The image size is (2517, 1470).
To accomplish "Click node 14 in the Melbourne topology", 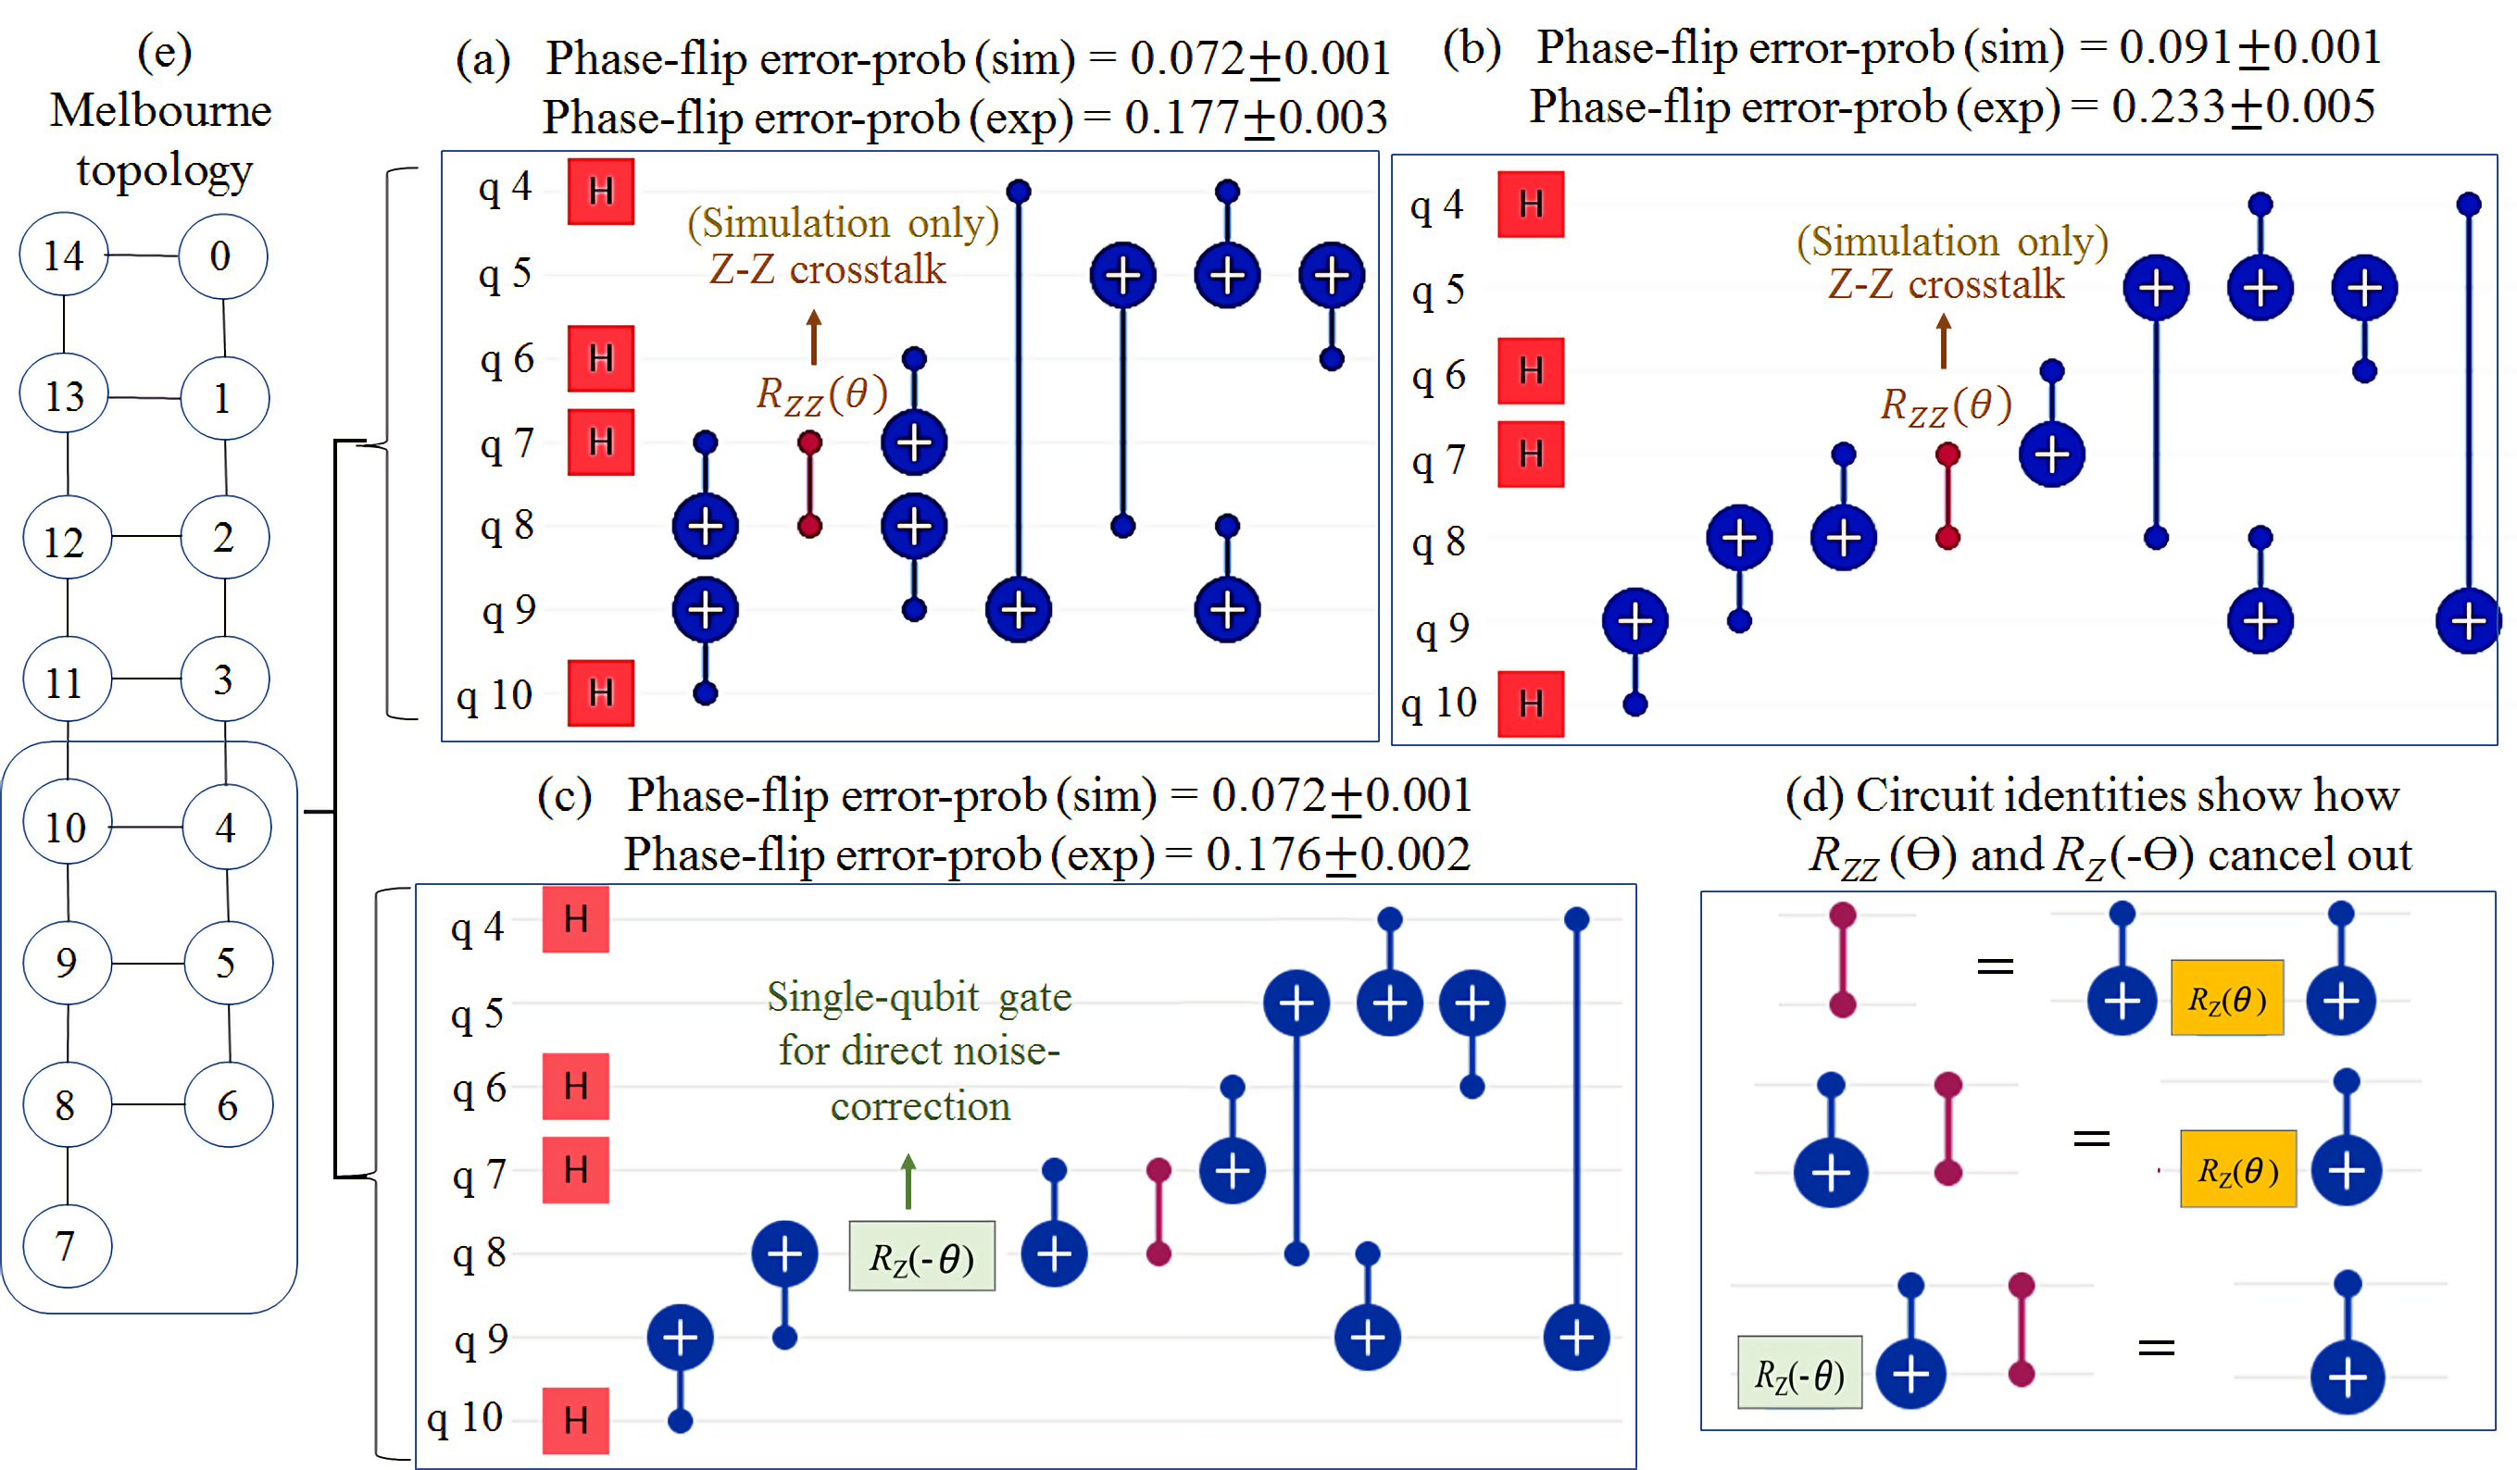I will click(64, 255).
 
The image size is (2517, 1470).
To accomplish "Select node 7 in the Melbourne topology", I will click(66, 1245).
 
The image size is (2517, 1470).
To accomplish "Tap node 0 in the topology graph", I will click(221, 255).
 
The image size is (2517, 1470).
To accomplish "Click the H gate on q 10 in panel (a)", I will click(600, 692).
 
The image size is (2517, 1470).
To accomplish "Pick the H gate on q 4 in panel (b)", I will click(1530, 205).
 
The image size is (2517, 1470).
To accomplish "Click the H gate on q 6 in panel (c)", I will click(575, 1086).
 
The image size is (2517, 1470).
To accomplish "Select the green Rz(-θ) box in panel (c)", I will click(920, 1256).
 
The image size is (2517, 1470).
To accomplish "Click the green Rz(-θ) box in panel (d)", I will click(1799, 1373).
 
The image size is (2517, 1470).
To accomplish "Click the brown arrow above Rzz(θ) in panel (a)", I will click(814, 337).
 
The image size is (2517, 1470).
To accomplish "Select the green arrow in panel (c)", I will click(908, 1180).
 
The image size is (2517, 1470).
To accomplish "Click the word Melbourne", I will click(161, 110).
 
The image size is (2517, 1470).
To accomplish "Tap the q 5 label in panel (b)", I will click(1437, 291).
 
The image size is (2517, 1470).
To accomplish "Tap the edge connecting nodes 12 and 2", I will click(145, 537).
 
